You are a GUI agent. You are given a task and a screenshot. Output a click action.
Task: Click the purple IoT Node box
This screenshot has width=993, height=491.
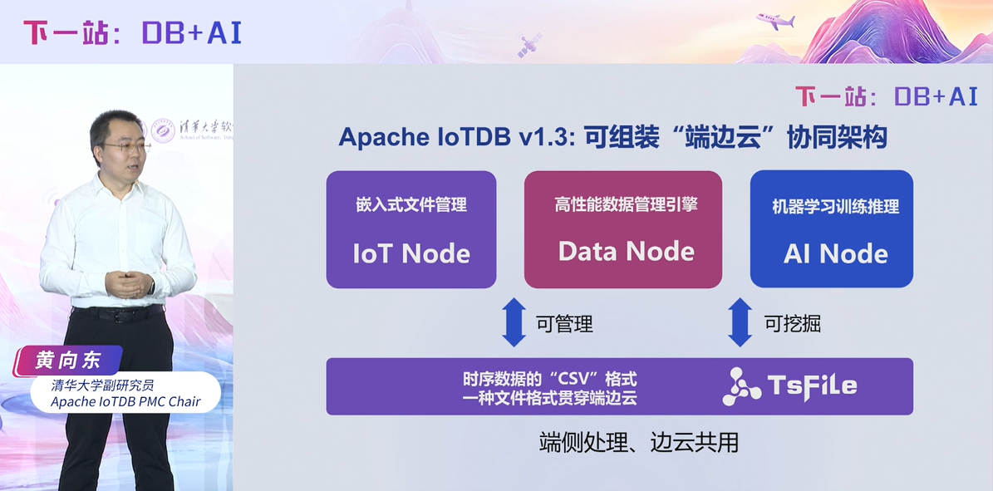coord(410,229)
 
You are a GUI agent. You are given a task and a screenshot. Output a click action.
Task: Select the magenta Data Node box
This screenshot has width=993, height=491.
coord(623,229)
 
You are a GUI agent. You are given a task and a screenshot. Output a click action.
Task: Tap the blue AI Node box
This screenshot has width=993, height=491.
coord(831,229)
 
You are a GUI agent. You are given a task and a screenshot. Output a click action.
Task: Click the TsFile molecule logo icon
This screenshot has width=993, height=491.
coord(741,386)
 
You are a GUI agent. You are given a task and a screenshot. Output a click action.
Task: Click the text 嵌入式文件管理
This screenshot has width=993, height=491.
coord(411,204)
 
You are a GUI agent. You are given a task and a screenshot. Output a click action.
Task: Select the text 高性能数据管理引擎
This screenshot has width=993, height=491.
coord(625,204)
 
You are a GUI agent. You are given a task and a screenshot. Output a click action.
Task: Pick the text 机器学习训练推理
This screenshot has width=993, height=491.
coord(835,206)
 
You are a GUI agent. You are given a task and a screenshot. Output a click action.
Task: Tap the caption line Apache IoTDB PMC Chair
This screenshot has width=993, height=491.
coord(125,402)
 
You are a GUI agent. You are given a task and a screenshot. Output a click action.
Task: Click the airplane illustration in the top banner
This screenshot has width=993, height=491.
coord(775,21)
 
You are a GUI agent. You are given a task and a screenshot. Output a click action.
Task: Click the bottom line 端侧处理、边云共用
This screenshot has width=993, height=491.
coord(638,442)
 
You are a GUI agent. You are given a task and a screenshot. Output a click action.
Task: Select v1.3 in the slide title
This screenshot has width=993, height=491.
coord(543,138)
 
